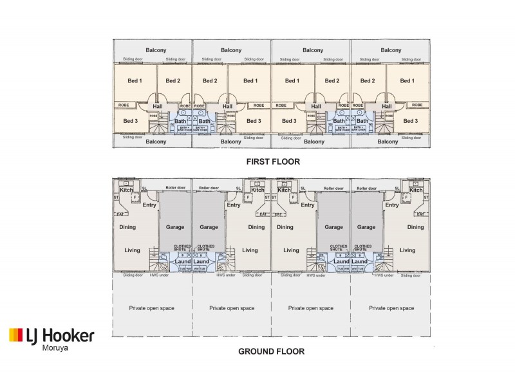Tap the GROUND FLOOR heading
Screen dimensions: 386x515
pos(271,352)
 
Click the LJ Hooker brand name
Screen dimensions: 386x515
pos(60,335)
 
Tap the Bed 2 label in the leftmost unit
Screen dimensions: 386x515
pos(172,80)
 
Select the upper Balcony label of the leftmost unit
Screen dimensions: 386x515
pos(156,50)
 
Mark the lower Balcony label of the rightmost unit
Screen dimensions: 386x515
pos(388,142)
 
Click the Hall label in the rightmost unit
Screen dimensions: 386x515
pos(387,107)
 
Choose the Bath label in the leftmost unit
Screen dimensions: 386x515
pos(180,121)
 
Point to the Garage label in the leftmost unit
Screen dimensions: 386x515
pos(175,227)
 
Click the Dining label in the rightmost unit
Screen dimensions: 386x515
pos(415,227)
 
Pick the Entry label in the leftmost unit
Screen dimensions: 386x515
pos(149,205)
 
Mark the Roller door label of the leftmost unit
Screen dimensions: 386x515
pos(175,188)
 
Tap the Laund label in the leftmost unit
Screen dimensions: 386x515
pos(182,262)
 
